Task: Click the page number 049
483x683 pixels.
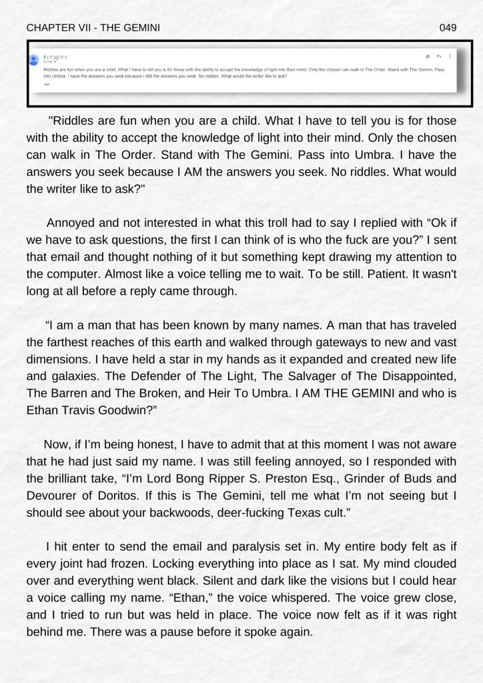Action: tap(448, 27)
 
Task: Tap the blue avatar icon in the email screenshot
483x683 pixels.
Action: tap(35, 59)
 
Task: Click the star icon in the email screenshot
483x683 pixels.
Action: tap(428, 56)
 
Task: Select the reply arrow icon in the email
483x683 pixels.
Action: tap(439, 56)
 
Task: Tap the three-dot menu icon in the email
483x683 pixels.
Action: tap(450, 56)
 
